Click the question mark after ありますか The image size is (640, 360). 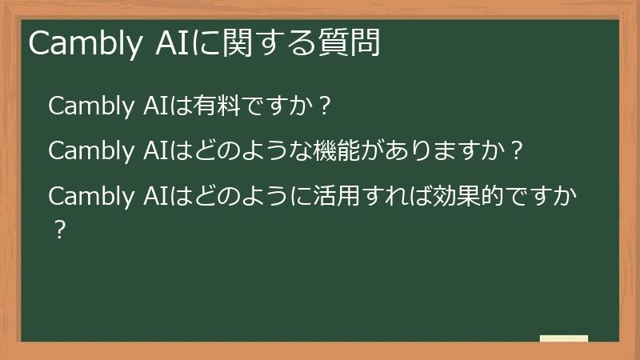click(x=516, y=150)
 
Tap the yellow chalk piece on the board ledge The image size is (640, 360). click(x=564, y=338)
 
